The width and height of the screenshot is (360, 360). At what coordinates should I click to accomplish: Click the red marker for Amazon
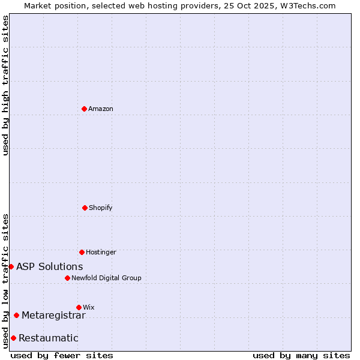click(x=84, y=109)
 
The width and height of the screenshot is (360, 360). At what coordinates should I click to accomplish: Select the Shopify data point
click(x=85, y=208)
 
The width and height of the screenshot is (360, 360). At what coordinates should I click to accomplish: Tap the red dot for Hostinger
click(x=82, y=252)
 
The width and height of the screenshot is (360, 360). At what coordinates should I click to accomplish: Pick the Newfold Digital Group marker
click(x=67, y=278)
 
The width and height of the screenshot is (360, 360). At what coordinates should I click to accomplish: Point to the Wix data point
click(x=79, y=307)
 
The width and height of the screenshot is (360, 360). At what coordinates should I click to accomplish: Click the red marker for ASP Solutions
click(x=11, y=266)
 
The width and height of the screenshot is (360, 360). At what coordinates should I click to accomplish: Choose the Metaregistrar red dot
click(x=16, y=315)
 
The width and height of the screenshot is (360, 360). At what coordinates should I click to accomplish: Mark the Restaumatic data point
click(x=13, y=338)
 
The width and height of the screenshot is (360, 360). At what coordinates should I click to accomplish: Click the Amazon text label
click(x=101, y=109)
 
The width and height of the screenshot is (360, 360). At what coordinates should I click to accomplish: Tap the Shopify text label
click(x=101, y=208)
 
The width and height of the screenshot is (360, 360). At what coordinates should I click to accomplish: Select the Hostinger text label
click(x=101, y=252)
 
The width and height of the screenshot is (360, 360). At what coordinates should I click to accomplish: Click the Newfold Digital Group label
click(x=106, y=278)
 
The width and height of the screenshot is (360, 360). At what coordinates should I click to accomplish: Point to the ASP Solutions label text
click(x=50, y=266)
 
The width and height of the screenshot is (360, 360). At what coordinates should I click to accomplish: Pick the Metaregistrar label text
click(x=54, y=315)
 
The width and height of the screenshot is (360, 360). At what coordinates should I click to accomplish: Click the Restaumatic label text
click(x=49, y=338)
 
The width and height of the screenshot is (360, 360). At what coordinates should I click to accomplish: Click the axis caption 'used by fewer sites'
click(x=62, y=355)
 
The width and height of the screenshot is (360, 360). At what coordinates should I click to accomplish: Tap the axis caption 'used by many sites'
click(x=301, y=355)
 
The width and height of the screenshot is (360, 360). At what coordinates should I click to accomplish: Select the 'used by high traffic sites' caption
click(x=5, y=85)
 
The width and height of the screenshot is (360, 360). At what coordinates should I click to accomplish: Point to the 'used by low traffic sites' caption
click(x=5, y=281)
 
